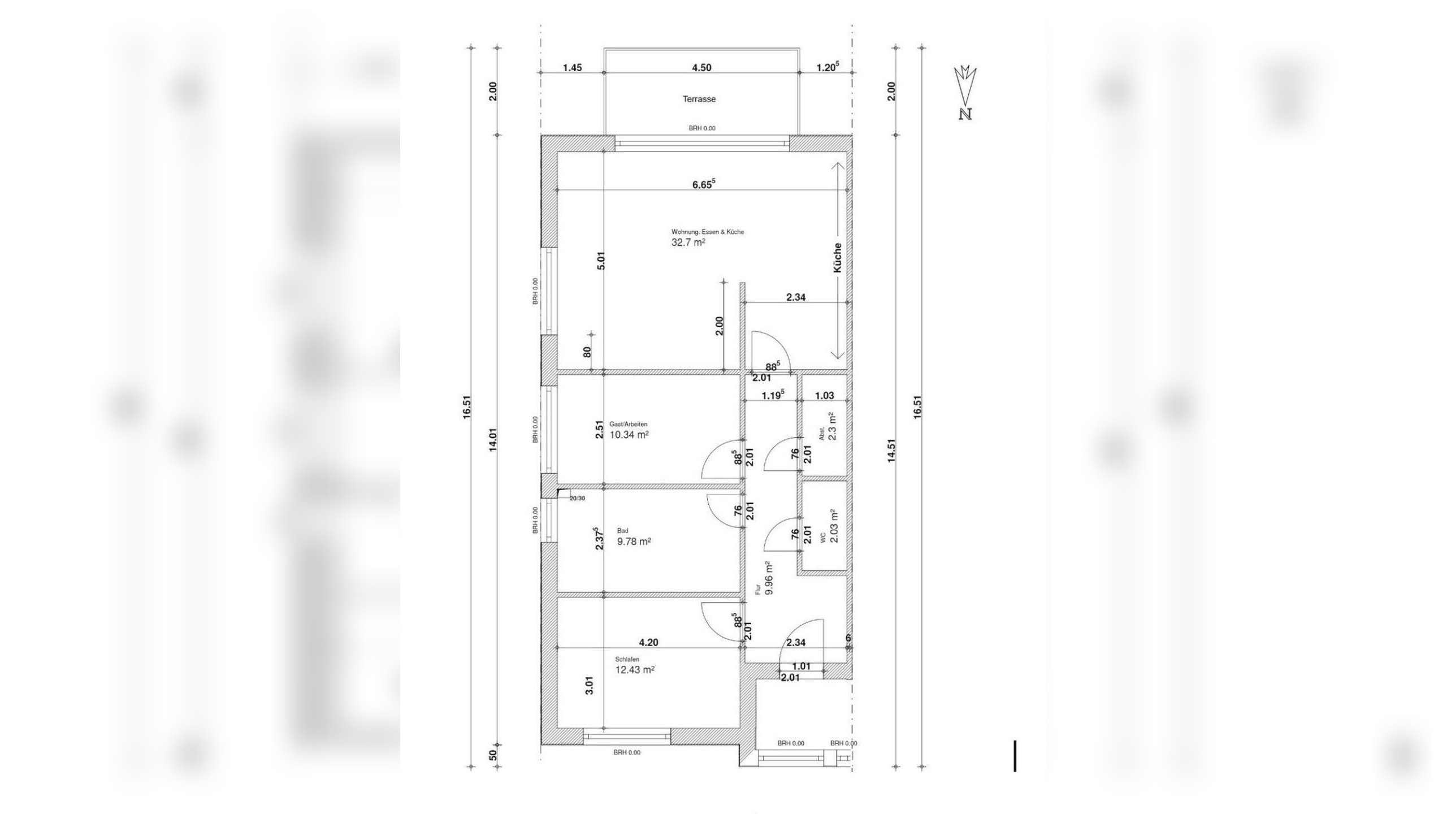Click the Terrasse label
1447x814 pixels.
699,99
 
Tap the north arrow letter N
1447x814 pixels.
965,114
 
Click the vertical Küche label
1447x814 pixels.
838,258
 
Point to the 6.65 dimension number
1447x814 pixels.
704,183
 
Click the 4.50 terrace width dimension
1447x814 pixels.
701,68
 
